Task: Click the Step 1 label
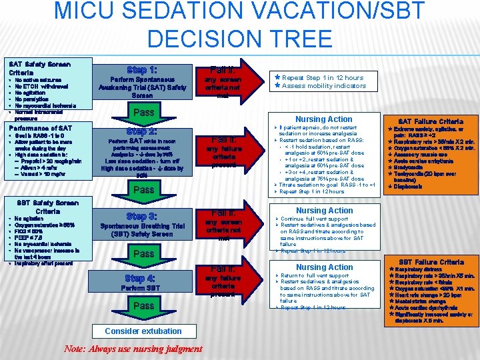(142, 69)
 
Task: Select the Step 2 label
(142, 131)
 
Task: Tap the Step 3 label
(142, 216)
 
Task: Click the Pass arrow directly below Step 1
(142, 113)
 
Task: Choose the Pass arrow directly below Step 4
(142, 306)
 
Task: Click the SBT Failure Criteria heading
(430, 261)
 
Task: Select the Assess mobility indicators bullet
(323, 86)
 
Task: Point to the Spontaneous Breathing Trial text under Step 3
(141, 227)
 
